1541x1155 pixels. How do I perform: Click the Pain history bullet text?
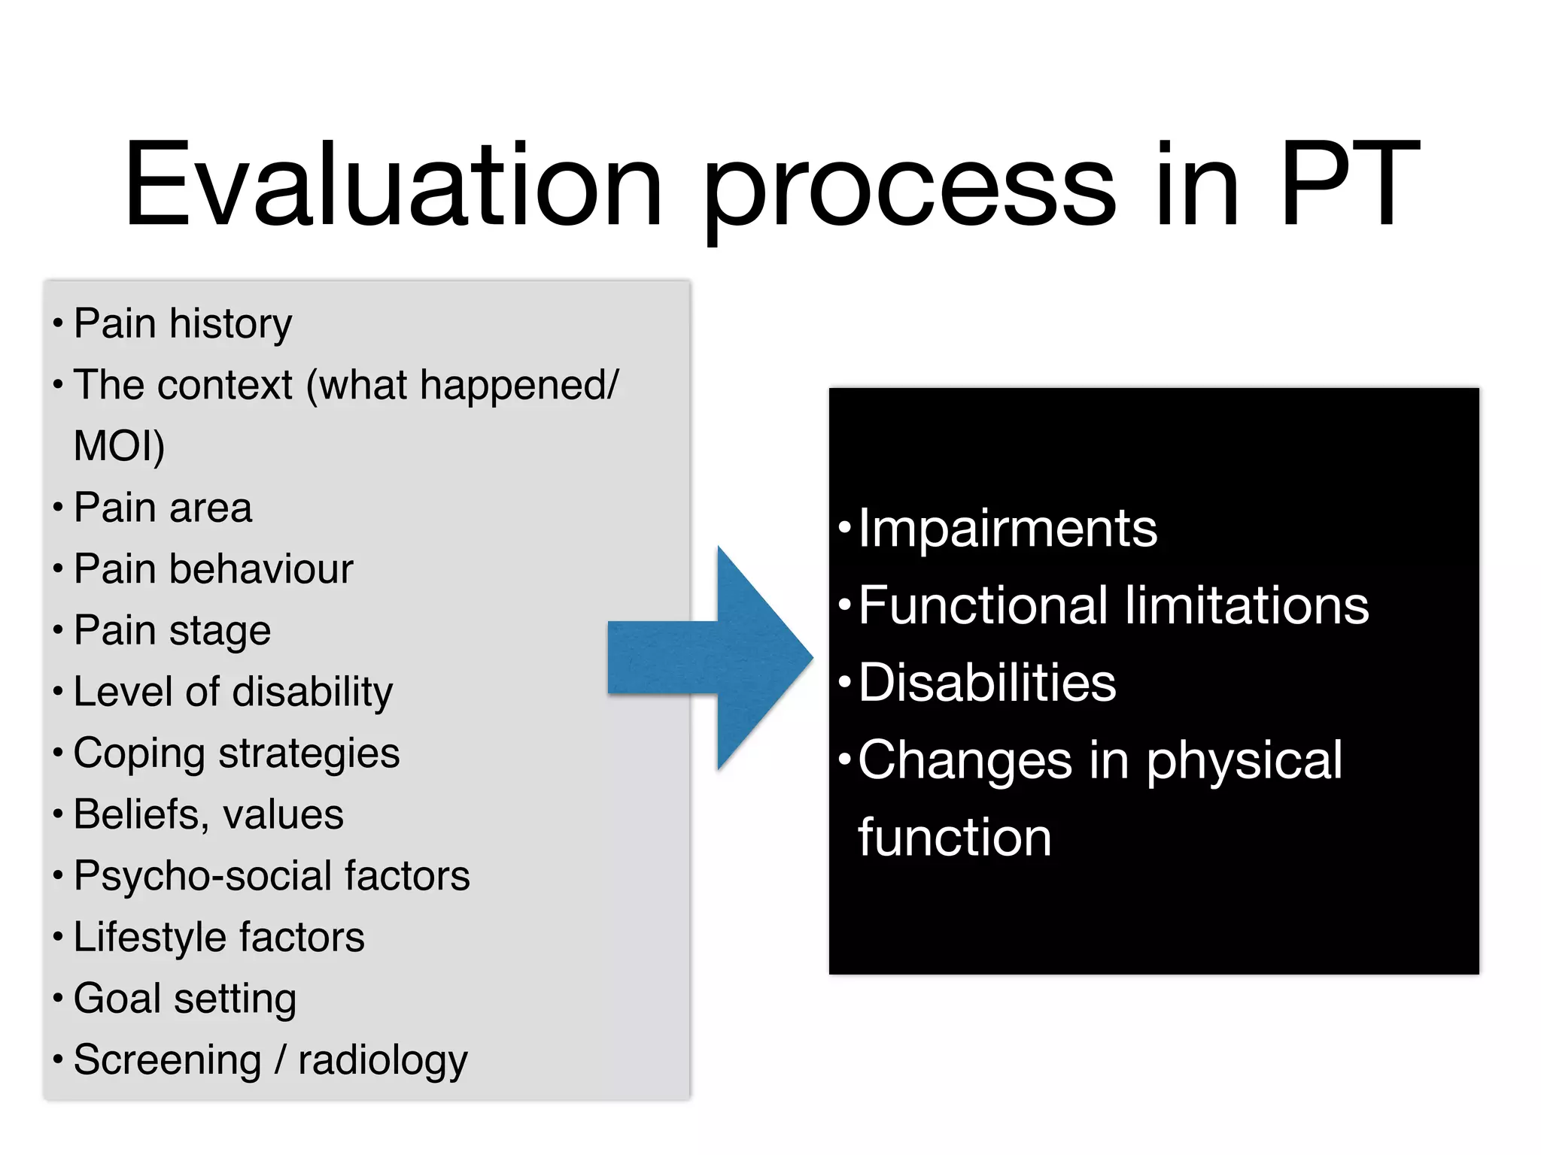coord(182,324)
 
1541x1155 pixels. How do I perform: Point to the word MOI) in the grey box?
coord(119,446)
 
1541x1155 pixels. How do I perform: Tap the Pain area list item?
coord(163,508)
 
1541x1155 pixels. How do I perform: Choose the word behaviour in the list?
coord(260,569)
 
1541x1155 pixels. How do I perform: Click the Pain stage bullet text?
coord(172,631)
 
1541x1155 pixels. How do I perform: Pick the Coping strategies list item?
coord(236,753)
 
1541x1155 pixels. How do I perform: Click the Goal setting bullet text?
coord(184,999)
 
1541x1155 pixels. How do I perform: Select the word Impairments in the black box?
coord(1007,529)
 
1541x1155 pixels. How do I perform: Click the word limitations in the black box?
coord(1246,606)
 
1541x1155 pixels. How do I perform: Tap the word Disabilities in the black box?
coord(986,684)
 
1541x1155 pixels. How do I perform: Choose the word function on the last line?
coord(954,838)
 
